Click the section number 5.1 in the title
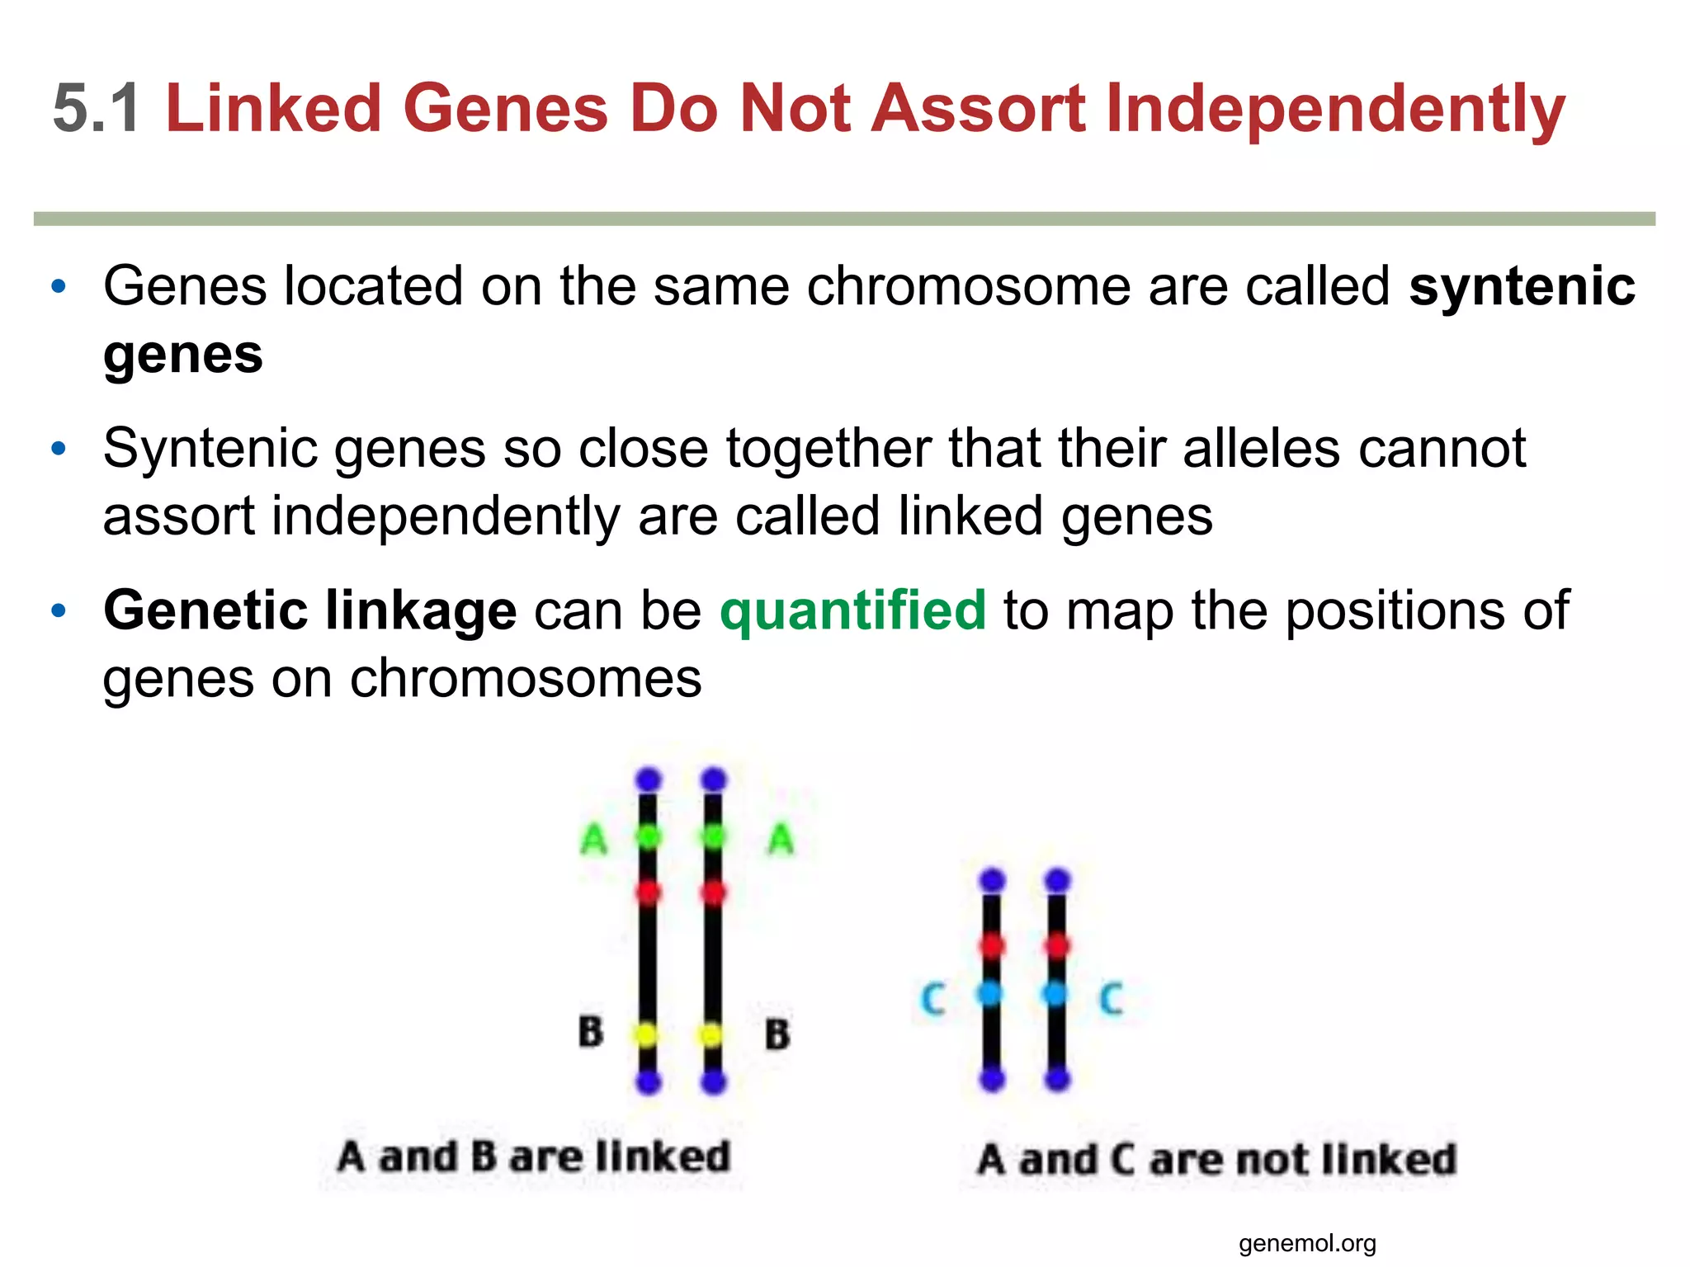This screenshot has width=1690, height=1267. pyautogui.click(x=96, y=108)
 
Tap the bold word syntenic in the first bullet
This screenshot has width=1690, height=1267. pyautogui.click(x=1522, y=286)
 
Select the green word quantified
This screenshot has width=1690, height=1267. pyautogui.click(x=852, y=610)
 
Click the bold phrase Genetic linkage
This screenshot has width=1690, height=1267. pyautogui.click(x=309, y=610)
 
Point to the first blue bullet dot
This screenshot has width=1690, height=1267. pyautogui.click(x=58, y=287)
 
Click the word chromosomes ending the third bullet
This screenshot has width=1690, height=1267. pyautogui.click(x=526, y=678)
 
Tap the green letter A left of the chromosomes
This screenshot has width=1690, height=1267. pyautogui.click(x=594, y=840)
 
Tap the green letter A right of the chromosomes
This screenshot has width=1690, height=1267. pyautogui.click(x=781, y=840)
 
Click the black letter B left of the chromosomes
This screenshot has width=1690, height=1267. pyautogui.click(x=591, y=1032)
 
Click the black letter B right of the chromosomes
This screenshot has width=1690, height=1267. pyautogui.click(x=777, y=1034)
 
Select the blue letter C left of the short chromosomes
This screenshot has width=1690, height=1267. pyautogui.click(x=932, y=999)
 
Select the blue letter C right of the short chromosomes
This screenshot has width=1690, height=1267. pyautogui.click(x=1112, y=999)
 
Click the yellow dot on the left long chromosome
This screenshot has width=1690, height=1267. pyautogui.click(x=648, y=1034)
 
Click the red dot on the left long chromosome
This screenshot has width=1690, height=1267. pyautogui.click(x=648, y=893)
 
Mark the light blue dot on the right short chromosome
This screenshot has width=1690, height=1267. pyautogui.click(x=1055, y=994)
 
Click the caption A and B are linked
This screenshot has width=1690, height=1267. pyautogui.click(x=534, y=1156)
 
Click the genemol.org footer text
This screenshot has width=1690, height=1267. pyautogui.click(x=1307, y=1243)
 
